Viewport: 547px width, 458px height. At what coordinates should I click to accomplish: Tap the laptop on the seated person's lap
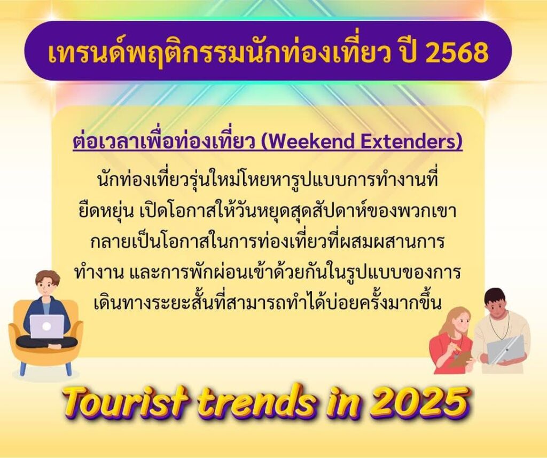(x=47, y=327)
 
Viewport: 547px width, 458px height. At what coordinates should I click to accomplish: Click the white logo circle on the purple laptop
(x=47, y=327)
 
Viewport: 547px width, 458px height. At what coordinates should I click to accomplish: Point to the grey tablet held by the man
(x=505, y=350)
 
